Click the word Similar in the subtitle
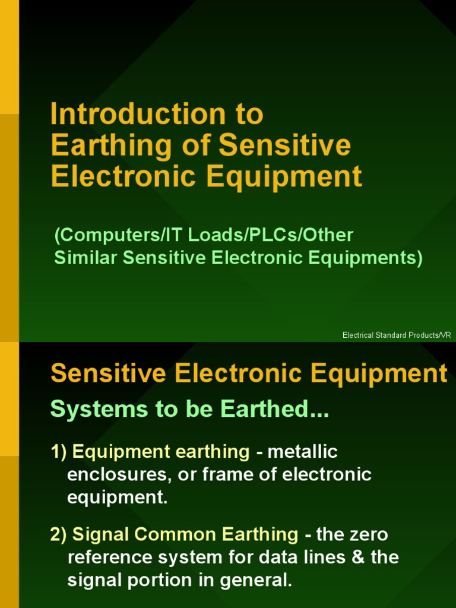click(84, 259)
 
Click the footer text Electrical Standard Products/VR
click(397, 335)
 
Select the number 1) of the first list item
click(59, 452)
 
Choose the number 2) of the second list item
click(59, 534)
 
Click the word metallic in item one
click(303, 452)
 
